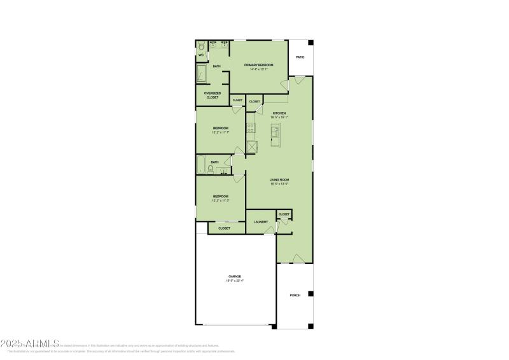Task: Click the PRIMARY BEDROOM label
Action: (x=258, y=64)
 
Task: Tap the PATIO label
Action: (x=300, y=57)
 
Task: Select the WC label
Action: (x=200, y=55)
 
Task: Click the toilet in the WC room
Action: (x=201, y=46)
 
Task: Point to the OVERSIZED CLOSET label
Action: (x=213, y=95)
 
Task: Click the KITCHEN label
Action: (x=279, y=113)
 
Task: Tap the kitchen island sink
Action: (x=275, y=132)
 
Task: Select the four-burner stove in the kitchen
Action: (x=251, y=130)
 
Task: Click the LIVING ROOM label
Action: (x=279, y=180)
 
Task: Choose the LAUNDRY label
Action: (x=260, y=222)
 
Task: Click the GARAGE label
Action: (x=235, y=276)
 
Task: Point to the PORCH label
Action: (x=295, y=295)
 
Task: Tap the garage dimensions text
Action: (x=235, y=280)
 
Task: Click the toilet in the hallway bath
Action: (x=219, y=169)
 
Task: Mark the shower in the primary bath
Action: (x=202, y=74)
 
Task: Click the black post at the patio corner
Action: (x=310, y=43)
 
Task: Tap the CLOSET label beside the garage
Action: (x=224, y=228)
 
